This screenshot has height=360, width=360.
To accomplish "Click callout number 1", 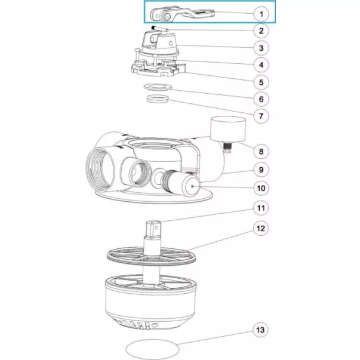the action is point(261,14).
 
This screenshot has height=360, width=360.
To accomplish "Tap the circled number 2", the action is point(261,31).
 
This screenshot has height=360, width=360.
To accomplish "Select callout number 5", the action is point(261,82).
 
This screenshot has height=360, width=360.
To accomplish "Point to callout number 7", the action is point(261,116).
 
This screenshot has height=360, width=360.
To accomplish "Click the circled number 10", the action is point(261,188).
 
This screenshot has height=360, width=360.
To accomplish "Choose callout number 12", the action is point(261,229).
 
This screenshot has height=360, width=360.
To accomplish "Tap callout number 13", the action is point(260,330).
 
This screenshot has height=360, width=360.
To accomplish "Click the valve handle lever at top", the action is point(182,16).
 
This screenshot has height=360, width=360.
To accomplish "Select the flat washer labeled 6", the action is point(158,87).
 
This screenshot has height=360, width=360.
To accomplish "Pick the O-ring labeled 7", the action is point(158,99).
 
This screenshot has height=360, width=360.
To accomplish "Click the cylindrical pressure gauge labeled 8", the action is point(228,129).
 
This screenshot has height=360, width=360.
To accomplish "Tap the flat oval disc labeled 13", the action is point(152,350).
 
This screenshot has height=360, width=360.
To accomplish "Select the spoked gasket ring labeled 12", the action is point(152,257).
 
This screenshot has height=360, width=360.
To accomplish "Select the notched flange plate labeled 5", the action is point(158,68).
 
